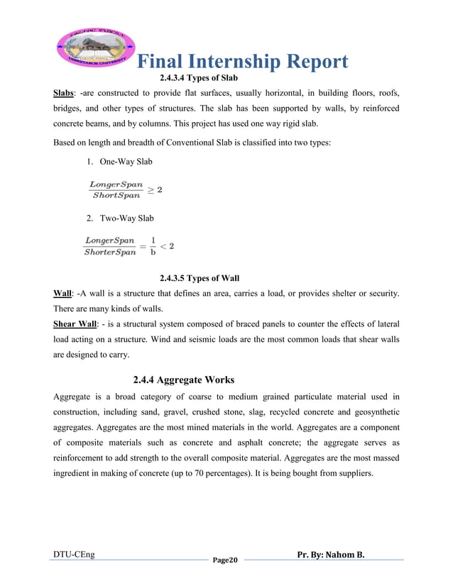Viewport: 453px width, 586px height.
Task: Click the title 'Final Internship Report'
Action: [241, 62]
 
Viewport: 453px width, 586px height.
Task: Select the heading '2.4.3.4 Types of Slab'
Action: [198, 77]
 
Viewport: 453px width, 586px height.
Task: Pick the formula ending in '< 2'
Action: [129, 246]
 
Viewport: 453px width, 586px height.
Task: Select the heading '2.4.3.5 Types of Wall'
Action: [199, 278]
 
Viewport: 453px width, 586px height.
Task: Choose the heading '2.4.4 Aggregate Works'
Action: [183, 380]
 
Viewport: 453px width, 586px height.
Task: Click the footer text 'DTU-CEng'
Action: [74, 553]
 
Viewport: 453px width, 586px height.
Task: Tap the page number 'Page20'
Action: [226, 560]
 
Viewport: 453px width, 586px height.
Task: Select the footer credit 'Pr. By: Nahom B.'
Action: [331, 553]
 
